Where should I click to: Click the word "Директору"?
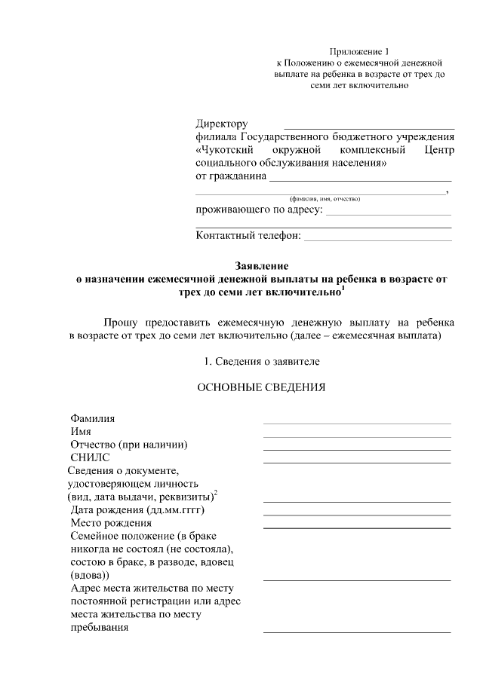pos(221,124)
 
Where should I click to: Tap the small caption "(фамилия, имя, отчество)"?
pos(320,198)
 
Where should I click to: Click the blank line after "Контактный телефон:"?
pos(377,240)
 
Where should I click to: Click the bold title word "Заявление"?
pos(262,266)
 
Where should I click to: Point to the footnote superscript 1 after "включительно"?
pos(343,287)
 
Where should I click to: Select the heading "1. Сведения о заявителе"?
pos(262,362)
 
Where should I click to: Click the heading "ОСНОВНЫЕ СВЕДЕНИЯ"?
pos(261,388)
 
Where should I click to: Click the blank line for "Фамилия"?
pos(356,423)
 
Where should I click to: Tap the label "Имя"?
pos(81,431)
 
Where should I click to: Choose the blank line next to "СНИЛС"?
pos(356,462)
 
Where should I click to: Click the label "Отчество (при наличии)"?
pos(128,444)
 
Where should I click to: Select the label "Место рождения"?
pos(111,523)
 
